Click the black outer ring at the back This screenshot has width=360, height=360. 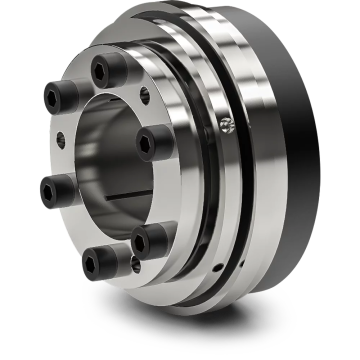pyautogui.click(x=300, y=150)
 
